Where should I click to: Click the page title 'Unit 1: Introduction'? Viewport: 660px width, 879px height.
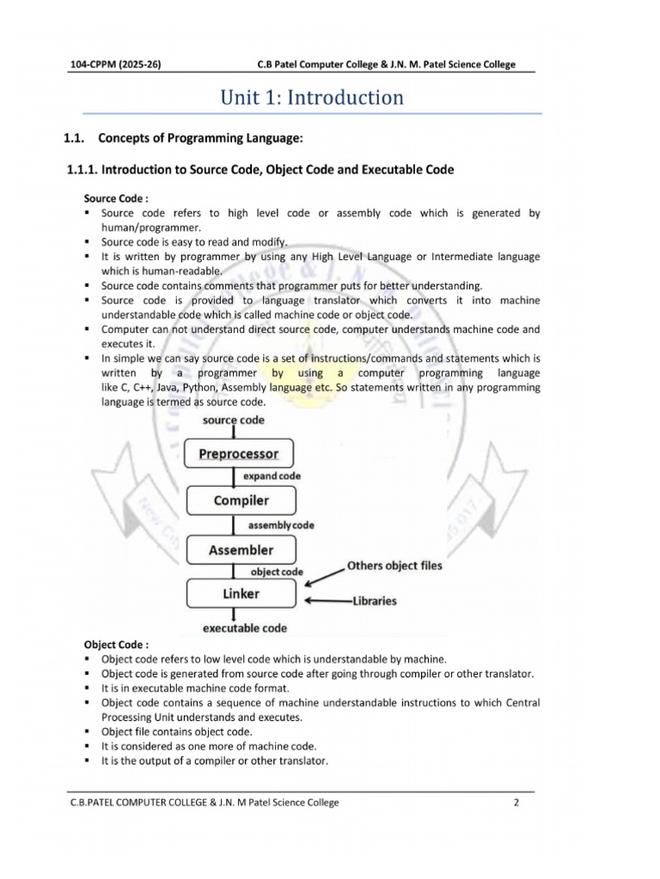pos(312,97)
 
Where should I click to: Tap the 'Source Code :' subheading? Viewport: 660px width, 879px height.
pos(116,198)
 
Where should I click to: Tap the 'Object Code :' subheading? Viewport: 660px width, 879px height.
pos(116,644)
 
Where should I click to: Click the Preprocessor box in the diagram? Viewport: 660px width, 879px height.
pos(239,454)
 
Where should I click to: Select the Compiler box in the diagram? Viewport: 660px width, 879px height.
pos(241,500)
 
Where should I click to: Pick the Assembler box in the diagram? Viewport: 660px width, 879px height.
pos(241,550)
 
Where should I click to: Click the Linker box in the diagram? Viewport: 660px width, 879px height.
pos(241,593)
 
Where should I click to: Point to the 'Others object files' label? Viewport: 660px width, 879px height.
pos(394,566)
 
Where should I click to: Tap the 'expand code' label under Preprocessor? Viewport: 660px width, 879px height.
pos(272,476)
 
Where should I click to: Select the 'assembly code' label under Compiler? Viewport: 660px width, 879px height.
pos(280,524)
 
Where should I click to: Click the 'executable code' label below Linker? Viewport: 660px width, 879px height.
pos(244,628)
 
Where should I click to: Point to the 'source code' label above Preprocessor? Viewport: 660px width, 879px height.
pos(234,420)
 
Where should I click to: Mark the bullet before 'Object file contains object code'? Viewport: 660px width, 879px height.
pos(89,732)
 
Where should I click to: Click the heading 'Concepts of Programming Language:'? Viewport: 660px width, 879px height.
pos(202,138)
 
